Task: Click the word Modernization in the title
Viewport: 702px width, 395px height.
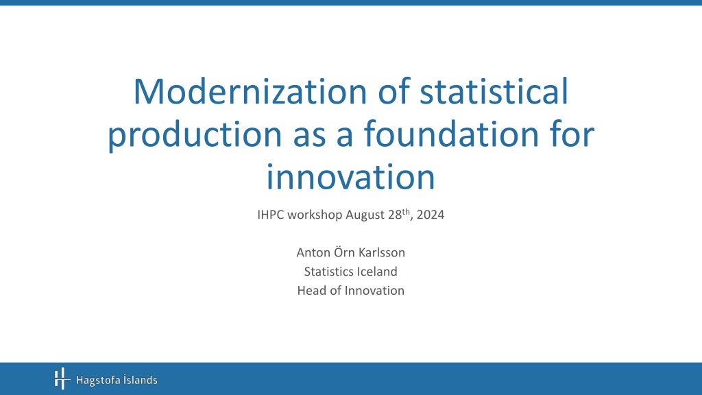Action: pos(250,91)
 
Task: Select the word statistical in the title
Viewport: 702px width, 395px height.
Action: pos(494,91)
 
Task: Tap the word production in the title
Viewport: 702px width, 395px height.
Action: pos(195,134)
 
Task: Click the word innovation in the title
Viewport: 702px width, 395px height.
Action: pos(350,176)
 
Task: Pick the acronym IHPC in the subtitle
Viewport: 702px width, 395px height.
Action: pos(270,215)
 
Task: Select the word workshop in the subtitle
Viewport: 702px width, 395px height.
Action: pos(315,215)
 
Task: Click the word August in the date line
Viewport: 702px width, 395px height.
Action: pos(365,215)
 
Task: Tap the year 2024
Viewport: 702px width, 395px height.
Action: pos(431,215)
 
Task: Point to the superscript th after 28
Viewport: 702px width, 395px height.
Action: pos(406,212)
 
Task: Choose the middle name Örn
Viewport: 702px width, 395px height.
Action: pos(344,252)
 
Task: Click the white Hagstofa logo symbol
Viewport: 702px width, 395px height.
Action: pos(62,379)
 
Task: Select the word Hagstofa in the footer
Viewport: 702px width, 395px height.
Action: pos(99,381)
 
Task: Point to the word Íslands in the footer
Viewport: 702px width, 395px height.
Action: pos(141,380)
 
